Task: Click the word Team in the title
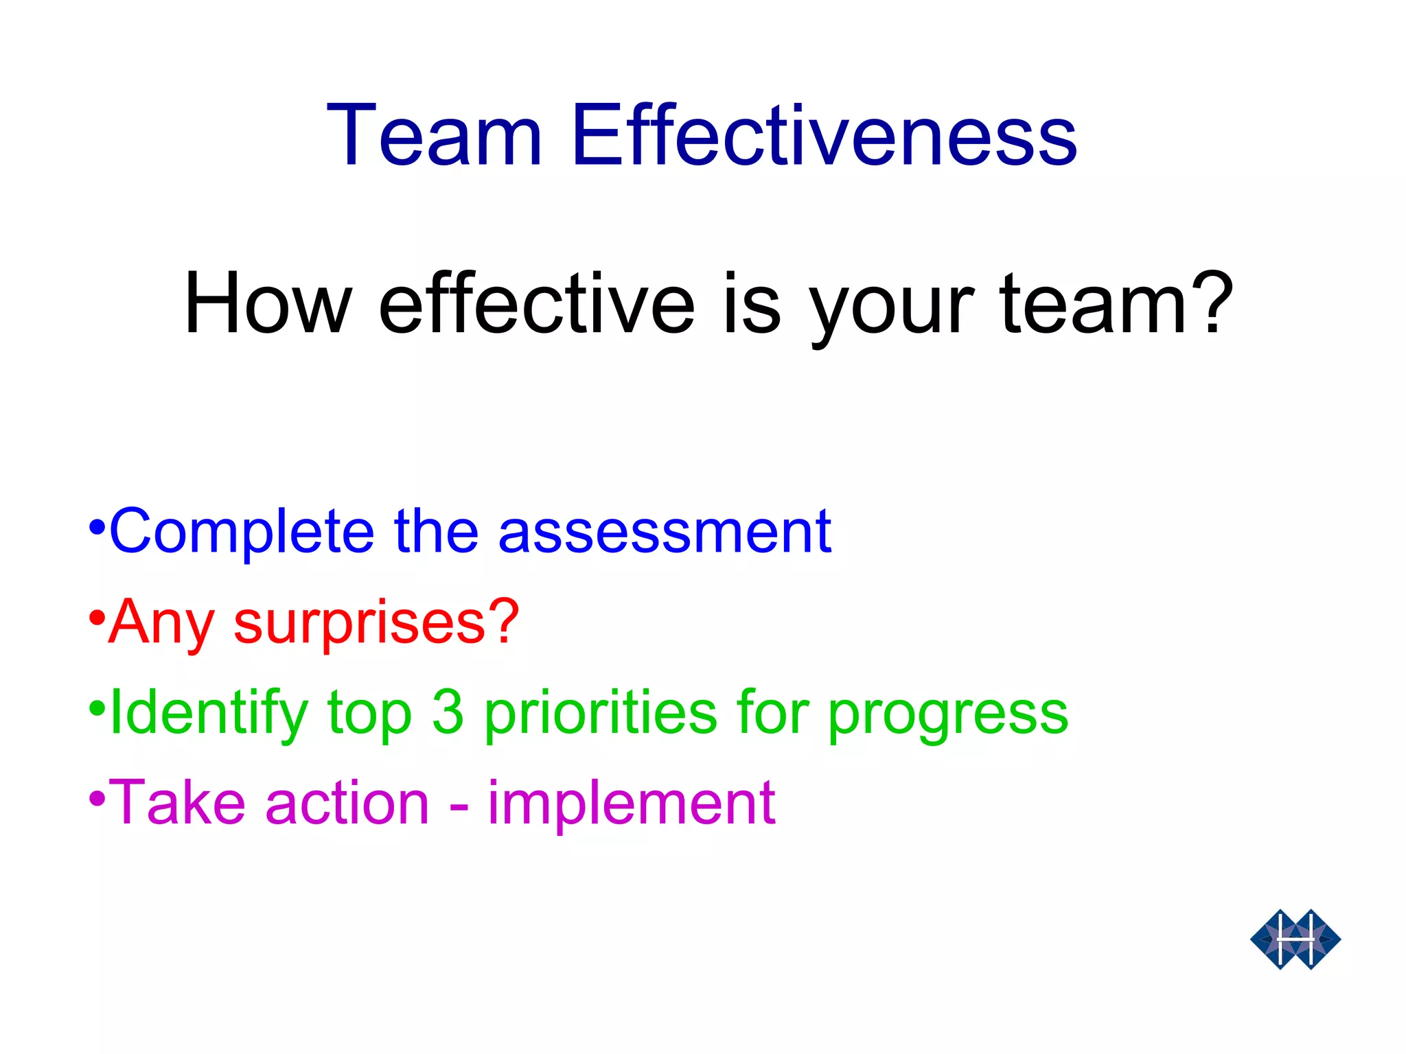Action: point(434,135)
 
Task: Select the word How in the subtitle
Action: point(268,304)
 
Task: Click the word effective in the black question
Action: point(536,304)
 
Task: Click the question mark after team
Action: point(1212,302)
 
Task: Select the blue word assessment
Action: point(664,532)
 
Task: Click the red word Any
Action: point(162,623)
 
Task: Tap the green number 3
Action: point(448,712)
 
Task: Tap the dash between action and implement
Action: point(459,807)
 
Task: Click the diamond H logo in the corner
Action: point(1295,939)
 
